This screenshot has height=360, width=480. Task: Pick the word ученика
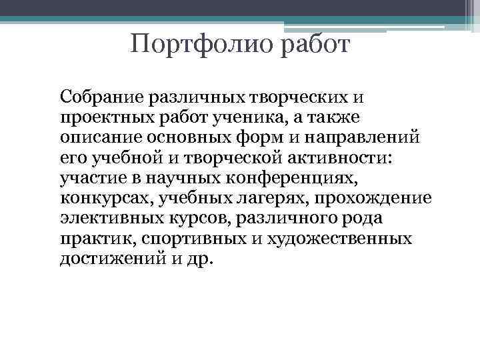[219, 118]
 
